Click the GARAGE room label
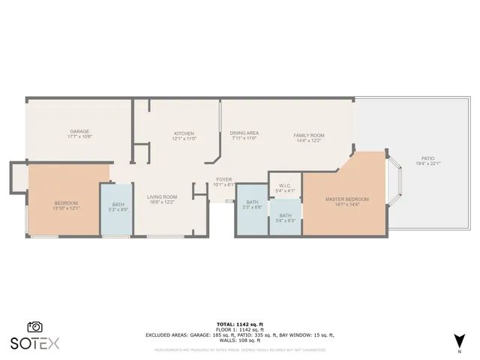tap(79, 131)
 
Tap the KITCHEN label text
tap(184, 133)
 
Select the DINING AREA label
tap(244, 133)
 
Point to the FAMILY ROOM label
tap(308, 135)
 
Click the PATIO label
tap(427, 158)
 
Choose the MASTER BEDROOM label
tap(346, 199)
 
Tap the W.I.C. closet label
tap(285, 185)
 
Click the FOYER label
tap(224, 179)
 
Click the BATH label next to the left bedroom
tap(118, 204)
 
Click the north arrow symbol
tap(459, 340)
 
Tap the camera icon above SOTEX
tap(34, 327)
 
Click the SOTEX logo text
tap(34, 343)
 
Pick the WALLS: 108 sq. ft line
tap(240, 340)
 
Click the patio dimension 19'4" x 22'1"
tap(427, 163)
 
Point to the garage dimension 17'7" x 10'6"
tap(79, 136)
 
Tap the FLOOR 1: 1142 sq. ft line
tap(240, 330)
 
